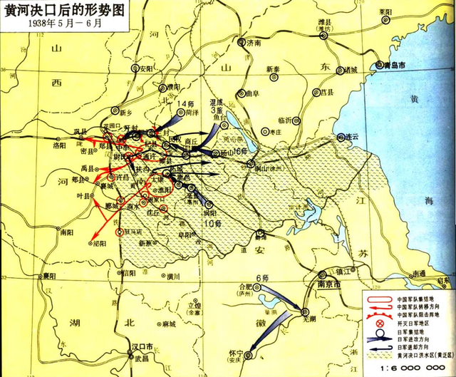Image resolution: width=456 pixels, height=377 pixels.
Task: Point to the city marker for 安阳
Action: tap(135, 68)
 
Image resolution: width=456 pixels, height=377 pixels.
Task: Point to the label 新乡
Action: tap(106, 113)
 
